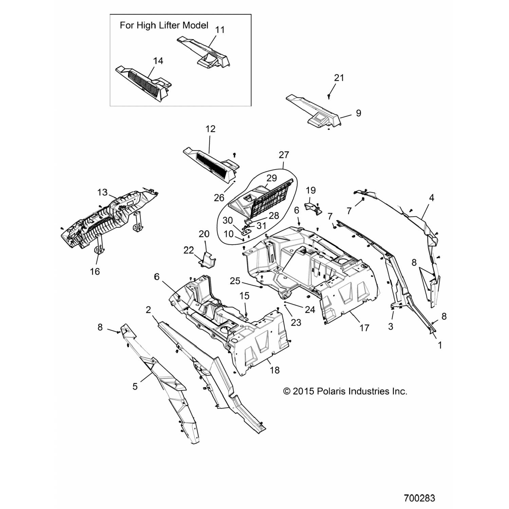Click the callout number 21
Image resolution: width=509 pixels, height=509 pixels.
coord(339,78)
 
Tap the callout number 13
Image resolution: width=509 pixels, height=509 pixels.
coord(102,192)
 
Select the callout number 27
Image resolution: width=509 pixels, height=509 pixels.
coord(284,155)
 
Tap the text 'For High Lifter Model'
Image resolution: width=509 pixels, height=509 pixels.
coord(164,26)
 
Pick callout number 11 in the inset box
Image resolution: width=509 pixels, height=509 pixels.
coord(220,30)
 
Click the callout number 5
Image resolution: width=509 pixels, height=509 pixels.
coord(135,386)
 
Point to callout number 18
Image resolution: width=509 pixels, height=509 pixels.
coord(275,370)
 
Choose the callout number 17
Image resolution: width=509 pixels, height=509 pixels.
coord(364,328)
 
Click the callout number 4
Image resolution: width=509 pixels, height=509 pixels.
coord(432,197)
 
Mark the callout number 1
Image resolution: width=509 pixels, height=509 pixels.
coord(440,345)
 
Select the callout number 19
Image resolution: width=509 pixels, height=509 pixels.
coord(311,190)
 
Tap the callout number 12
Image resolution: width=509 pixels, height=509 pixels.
coord(210,129)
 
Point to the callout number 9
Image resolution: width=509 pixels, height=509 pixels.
coord(359,113)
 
